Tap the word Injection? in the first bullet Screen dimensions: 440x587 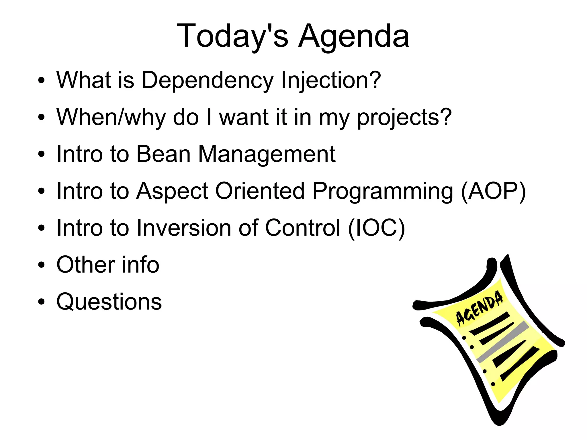pos(331,81)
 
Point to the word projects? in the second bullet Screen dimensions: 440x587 pos(404,118)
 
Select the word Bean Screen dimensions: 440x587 pos(163,154)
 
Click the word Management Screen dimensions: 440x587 pos(267,154)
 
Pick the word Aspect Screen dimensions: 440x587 pos(172,191)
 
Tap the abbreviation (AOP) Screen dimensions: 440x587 pos(493,191)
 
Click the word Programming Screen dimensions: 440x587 pos(383,191)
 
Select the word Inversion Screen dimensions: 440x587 pos(184,228)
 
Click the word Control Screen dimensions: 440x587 pos(303,228)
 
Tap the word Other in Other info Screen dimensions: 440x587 pos(86,265)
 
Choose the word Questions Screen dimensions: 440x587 pos(109,302)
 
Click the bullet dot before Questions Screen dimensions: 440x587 pos(42,302)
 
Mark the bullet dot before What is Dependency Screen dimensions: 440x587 pos(42,81)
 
